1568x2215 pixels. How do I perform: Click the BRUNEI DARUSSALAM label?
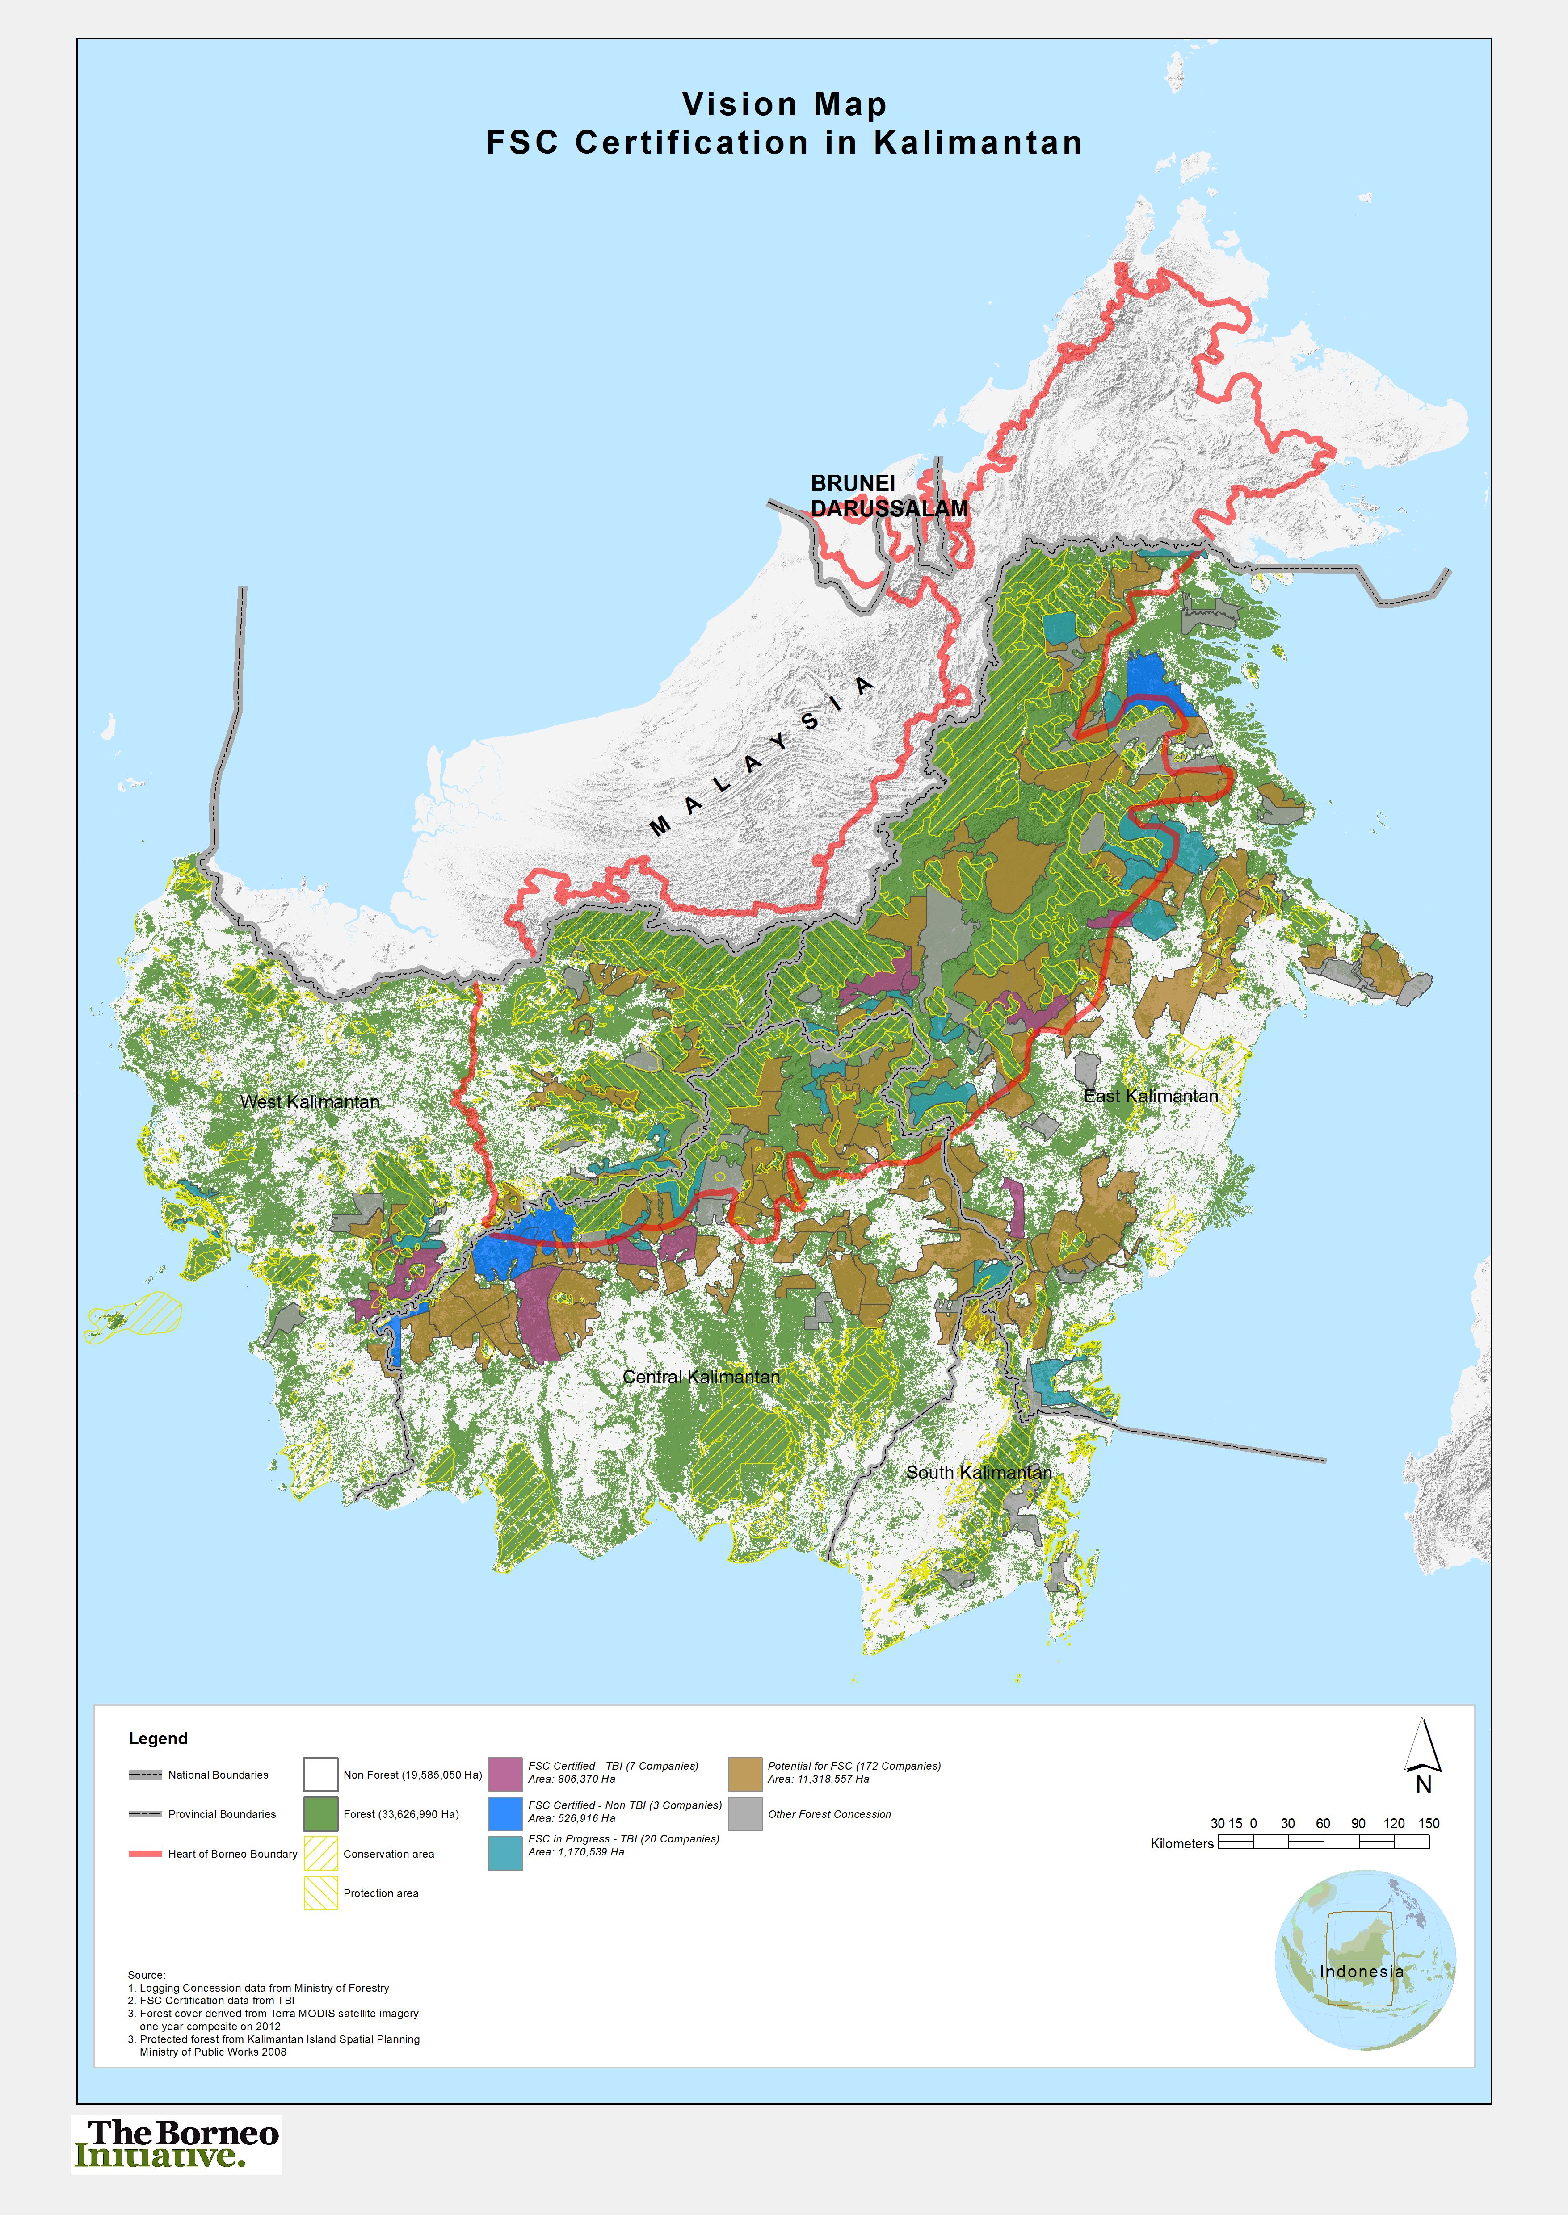(888, 495)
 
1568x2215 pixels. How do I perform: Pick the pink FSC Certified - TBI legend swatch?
(505, 1773)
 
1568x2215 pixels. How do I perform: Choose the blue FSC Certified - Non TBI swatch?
(505, 1813)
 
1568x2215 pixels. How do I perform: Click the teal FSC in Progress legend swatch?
(505, 1852)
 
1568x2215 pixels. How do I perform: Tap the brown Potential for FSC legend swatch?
(744, 1773)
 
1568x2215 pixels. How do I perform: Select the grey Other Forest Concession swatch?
(744, 1813)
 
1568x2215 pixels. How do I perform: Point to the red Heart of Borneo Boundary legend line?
(145, 1853)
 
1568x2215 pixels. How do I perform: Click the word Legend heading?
(158, 1738)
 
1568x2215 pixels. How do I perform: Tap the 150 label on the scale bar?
(1428, 1823)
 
